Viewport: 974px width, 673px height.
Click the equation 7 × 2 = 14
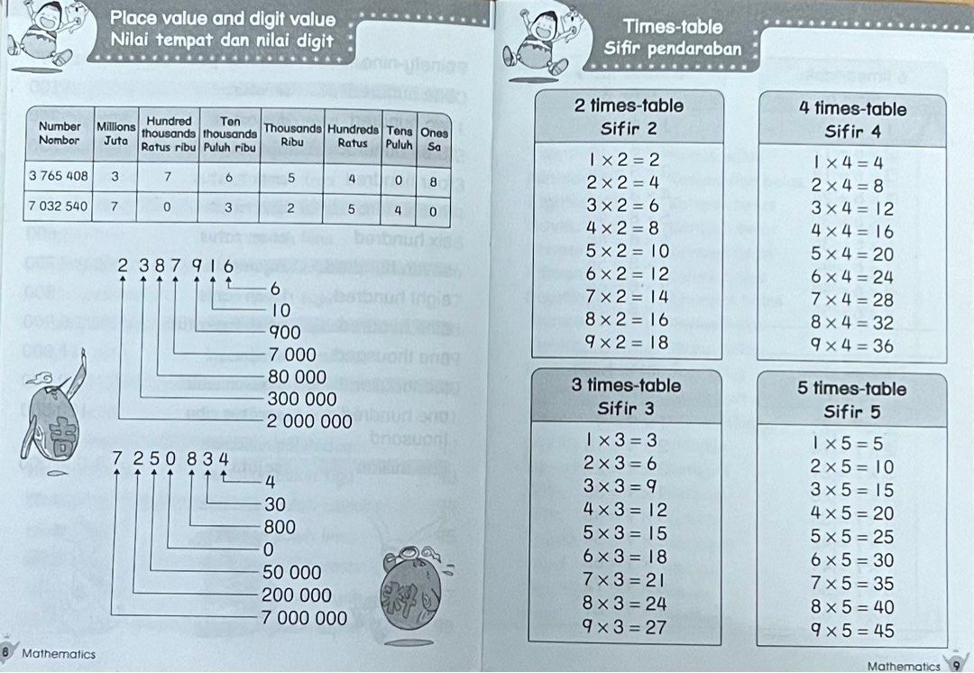627,296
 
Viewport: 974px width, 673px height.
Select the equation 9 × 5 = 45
852,631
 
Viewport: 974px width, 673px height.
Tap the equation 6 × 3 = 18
625,557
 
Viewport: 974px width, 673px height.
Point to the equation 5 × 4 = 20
852,254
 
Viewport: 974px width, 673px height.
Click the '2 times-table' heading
629,106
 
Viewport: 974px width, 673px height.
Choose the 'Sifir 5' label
852,412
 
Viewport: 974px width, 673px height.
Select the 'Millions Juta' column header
115,134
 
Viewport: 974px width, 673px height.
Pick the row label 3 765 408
59,177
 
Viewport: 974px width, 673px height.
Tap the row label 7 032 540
59,207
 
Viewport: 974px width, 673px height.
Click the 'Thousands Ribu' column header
291,134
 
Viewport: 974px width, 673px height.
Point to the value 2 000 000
309,421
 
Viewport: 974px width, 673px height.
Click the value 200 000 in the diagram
297,595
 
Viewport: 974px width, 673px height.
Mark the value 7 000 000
304,619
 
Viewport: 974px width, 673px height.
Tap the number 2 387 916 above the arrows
175,267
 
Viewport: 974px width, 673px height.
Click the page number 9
958,666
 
